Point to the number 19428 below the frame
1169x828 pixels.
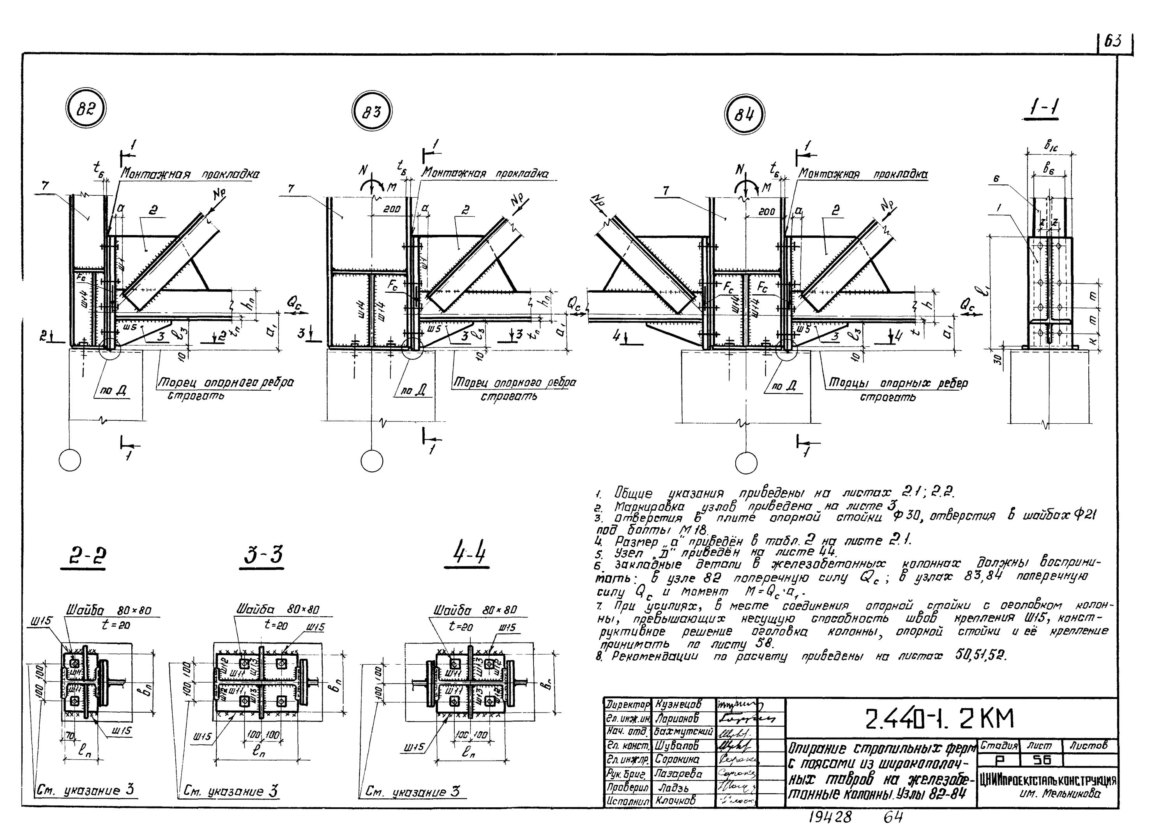[830, 817]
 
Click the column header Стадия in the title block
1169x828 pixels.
[998, 745]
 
